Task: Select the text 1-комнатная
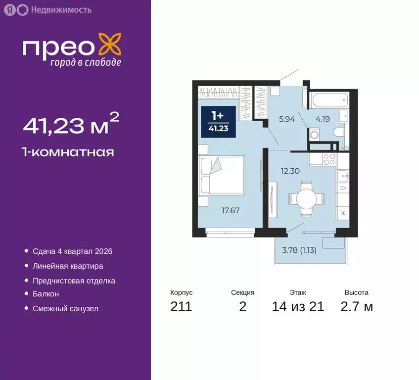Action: click(68, 152)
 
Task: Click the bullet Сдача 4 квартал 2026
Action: click(72, 251)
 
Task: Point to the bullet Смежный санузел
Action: click(65, 309)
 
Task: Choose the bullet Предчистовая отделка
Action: click(74, 281)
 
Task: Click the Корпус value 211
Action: click(181, 307)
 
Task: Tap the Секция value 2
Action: click(242, 307)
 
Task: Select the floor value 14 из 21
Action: click(298, 307)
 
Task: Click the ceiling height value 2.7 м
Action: click(356, 307)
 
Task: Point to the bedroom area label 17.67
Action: click(230, 210)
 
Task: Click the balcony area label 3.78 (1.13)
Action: click(299, 250)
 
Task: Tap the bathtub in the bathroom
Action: click(329, 99)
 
